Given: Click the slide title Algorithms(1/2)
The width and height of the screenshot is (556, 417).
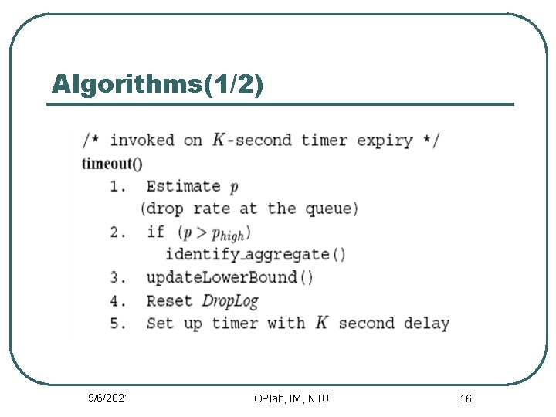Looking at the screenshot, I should pos(158,83).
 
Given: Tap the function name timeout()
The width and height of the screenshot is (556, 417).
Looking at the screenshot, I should pos(112,164).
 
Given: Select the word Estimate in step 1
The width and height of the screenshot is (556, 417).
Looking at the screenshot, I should pos(184,186).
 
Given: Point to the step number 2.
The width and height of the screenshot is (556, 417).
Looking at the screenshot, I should pos(117,232).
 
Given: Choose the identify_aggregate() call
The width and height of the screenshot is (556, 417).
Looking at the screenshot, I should pos(256,254).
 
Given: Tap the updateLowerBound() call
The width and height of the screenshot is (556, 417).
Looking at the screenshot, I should pos(230,277).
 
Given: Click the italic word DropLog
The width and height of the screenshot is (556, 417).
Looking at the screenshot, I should pos(230,300).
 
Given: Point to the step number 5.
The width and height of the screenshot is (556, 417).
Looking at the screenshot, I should pos(117,324).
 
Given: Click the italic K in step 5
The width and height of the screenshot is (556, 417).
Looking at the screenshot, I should pos(322,323).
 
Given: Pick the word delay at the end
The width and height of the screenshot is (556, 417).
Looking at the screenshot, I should pos(426,324).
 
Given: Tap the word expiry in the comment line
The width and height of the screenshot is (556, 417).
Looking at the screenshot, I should pos(385,141).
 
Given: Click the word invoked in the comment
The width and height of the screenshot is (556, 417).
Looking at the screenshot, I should pos(142,141).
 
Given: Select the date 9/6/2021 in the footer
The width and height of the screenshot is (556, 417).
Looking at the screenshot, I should pos(108,398).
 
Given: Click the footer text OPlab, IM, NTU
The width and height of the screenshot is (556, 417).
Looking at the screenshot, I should pos(291,398).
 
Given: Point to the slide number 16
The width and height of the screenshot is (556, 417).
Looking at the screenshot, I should pos(466,398).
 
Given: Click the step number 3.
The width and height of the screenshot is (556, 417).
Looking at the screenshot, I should pos(117,277).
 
